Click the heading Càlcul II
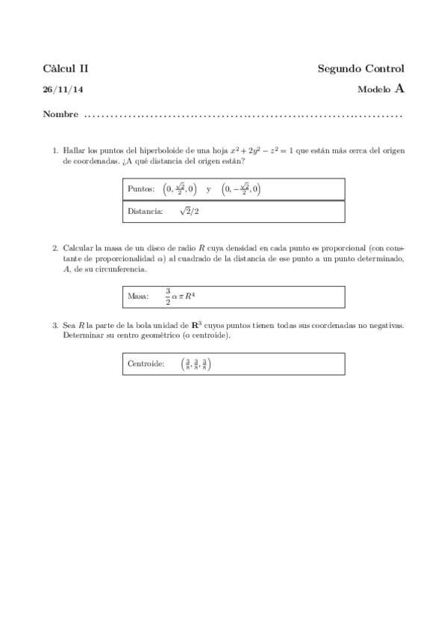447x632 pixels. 66,69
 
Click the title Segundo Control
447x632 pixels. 361,69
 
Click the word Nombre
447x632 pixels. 61,116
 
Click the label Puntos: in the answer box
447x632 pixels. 141,189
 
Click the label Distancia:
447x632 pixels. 145,212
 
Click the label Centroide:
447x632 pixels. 146,364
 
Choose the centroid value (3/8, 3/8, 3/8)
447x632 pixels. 196,364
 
